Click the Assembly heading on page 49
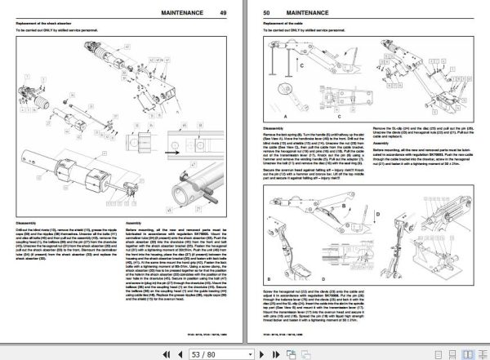[x=134, y=221]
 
